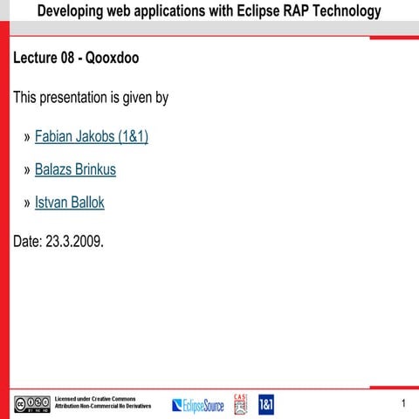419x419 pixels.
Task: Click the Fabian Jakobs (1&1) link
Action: tap(92, 137)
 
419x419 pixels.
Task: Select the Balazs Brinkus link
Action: tap(75, 169)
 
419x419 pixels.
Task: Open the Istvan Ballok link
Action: tap(70, 203)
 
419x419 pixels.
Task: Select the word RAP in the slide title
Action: tap(303, 11)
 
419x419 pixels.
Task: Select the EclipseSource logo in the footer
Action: tap(198, 405)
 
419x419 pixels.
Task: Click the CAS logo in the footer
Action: tap(242, 403)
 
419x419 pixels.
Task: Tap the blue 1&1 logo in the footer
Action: tap(266, 404)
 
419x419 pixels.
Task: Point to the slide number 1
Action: tap(404, 403)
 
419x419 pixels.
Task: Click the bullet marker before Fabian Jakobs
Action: tap(27, 138)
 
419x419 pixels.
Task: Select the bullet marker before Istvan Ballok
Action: tap(27, 203)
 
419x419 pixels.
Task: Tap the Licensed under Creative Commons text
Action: tap(95, 399)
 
